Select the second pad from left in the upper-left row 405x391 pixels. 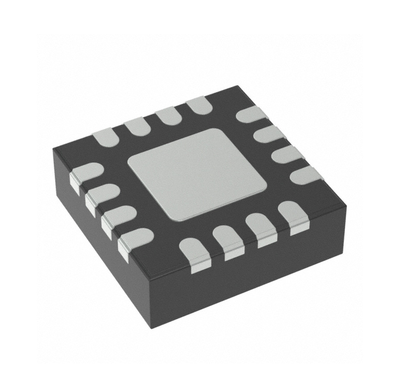click(138, 126)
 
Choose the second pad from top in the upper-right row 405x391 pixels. click(269, 134)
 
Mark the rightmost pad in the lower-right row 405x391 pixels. click(293, 213)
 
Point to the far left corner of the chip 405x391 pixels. click(53, 149)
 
